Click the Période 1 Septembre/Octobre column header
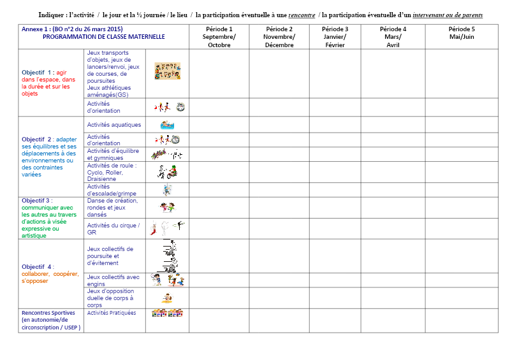pos(219,37)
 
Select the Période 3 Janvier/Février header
pos(335,37)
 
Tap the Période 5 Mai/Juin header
pos(461,33)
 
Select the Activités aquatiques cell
pos(114,125)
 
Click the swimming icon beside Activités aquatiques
pos(167,125)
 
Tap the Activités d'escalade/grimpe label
pos(112,190)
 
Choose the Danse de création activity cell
pos(113,207)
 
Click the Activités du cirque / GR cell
pos(113,229)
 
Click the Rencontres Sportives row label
pos(49,320)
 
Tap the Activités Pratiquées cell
pos(112,313)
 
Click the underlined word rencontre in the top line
pos(302,15)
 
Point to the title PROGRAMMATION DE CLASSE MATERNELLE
pos(103,37)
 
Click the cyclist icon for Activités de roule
pos(167,171)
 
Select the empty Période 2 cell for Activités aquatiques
pos(279,125)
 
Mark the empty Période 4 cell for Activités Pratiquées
pos(393,320)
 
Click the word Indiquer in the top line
pos(53,15)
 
